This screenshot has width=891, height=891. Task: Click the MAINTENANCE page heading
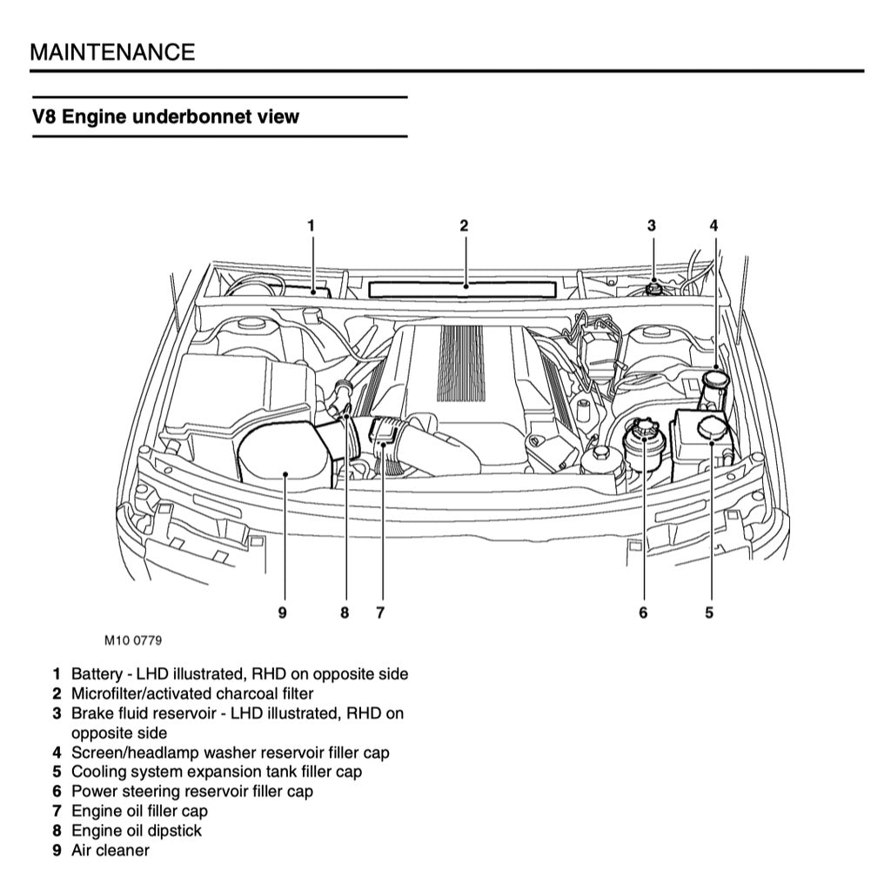[112, 51]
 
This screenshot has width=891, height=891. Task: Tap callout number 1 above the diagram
[311, 225]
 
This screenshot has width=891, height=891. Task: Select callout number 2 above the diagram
[465, 225]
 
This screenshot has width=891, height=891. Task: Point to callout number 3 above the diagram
[651, 225]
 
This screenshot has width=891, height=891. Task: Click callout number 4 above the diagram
[713, 225]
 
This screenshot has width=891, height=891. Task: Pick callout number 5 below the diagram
[709, 613]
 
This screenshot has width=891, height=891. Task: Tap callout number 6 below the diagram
[643, 613]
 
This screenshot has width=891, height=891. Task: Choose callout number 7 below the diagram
[380, 613]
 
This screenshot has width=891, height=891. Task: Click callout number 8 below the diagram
[345, 613]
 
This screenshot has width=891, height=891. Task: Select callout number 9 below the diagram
[283, 613]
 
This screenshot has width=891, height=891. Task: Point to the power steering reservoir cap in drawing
[643, 430]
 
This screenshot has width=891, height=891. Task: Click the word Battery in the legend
[96, 673]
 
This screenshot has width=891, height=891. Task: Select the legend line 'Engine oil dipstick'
[136, 830]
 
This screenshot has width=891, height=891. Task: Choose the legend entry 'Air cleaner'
[110, 850]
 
